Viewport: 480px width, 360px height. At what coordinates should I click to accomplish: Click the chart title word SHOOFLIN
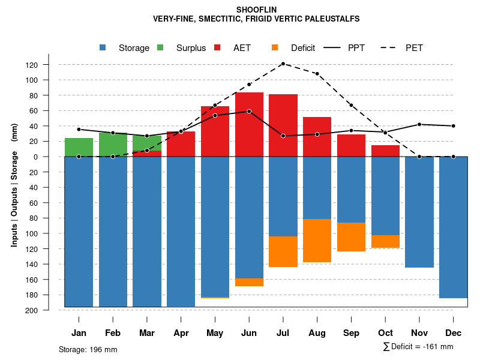coord(256,10)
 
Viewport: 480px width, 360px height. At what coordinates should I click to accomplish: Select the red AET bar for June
coord(249,124)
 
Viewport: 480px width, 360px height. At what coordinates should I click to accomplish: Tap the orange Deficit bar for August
coord(317,241)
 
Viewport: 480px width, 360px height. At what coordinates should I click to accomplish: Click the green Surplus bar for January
coord(79,147)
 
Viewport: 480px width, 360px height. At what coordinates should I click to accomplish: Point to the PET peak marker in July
coord(283,64)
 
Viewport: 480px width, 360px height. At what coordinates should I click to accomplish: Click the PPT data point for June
coord(249,111)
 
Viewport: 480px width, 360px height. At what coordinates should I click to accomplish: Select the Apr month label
coord(181,333)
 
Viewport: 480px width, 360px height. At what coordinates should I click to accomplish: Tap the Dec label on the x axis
coord(454,333)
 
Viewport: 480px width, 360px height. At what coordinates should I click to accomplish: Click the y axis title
coord(14,185)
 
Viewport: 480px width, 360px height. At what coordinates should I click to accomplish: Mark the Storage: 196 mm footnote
coord(88,349)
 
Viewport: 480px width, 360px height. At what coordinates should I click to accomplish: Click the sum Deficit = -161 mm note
coord(418,347)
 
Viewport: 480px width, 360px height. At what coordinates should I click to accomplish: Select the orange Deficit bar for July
coord(283,251)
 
